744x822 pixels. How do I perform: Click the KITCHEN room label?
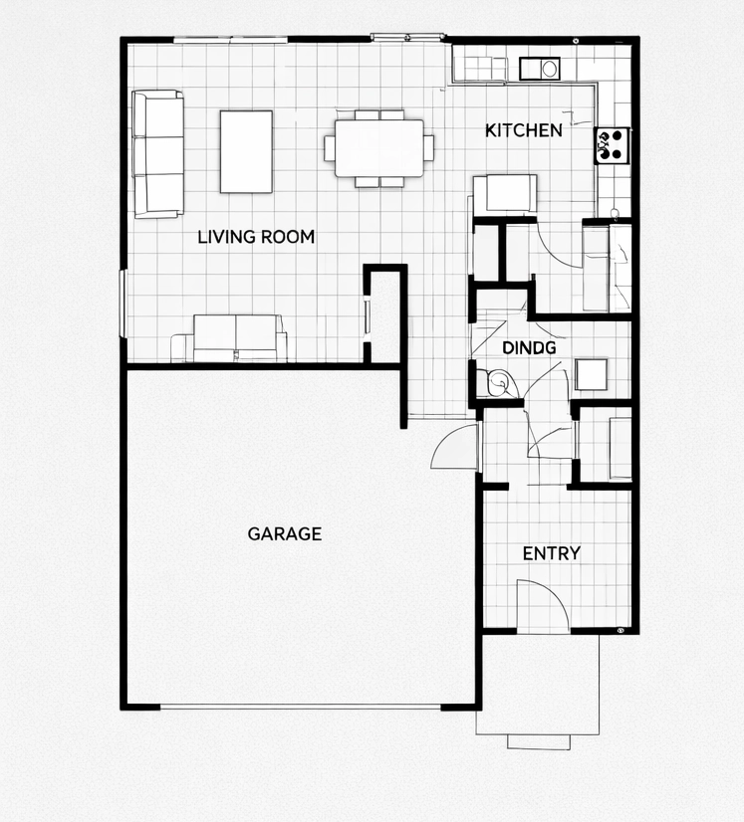pyautogui.click(x=524, y=130)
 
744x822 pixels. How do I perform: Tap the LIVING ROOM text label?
pyautogui.click(x=256, y=237)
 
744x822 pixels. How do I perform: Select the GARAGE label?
pyautogui.click(x=284, y=533)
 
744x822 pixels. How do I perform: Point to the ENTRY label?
pyautogui.click(x=552, y=553)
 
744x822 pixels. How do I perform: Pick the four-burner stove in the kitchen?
pyautogui.click(x=610, y=145)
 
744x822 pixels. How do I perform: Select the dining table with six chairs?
pyautogui.click(x=378, y=148)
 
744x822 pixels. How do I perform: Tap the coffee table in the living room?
pyautogui.click(x=246, y=151)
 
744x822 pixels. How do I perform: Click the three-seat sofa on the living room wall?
pyautogui.click(x=158, y=153)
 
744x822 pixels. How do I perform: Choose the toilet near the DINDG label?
pyautogui.click(x=494, y=382)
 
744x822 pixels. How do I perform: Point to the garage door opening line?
pyautogui.click(x=301, y=708)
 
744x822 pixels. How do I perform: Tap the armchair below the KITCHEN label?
pyautogui.click(x=505, y=193)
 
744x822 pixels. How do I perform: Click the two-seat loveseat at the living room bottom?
pyautogui.click(x=238, y=338)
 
